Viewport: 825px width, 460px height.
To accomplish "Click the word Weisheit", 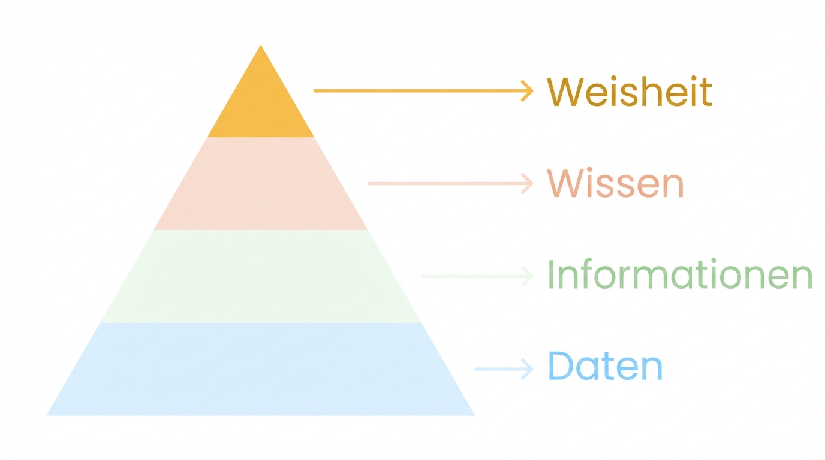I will [630, 92].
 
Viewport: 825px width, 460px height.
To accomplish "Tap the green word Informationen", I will [680, 276].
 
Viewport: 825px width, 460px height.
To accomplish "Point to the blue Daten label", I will [605, 367].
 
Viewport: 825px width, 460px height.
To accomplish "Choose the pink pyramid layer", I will [261, 184].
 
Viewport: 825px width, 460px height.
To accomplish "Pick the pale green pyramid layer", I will [261, 276].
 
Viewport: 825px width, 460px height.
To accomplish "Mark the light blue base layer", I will [261, 369].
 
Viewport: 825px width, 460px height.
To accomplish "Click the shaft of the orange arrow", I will [420, 91].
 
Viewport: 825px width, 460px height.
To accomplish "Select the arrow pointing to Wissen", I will [450, 183].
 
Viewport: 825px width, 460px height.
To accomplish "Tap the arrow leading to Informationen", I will [477, 276].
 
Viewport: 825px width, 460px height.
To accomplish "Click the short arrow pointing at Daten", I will [504, 369].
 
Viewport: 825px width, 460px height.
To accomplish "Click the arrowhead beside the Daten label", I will [528, 369].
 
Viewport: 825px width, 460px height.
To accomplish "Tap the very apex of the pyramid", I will [261, 47].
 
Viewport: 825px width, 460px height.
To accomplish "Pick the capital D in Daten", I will [561, 367].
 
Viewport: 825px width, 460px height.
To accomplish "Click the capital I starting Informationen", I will [551, 276].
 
